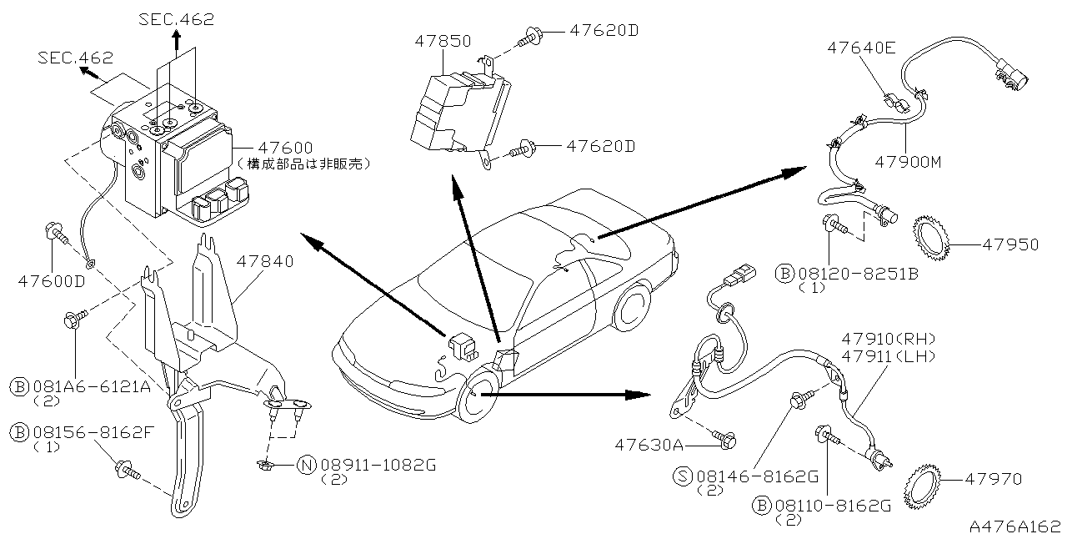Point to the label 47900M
(907, 162)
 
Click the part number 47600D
(52, 280)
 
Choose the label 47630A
(649, 443)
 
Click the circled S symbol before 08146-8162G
(683, 476)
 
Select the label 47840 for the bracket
(265, 262)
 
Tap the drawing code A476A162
(1016, 526)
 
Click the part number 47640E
(861, 48)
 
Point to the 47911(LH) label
(889, 355)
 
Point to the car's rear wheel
(634, 304)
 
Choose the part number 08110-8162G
(833, 505)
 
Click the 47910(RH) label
(889, 339)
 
